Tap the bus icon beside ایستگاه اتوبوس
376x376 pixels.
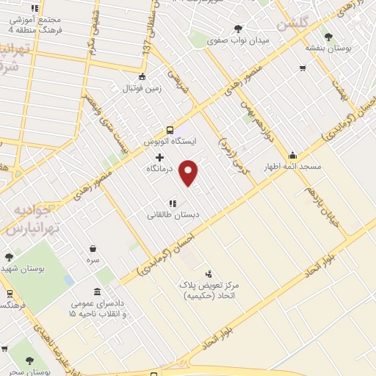coord(170,128)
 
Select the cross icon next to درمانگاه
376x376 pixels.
coord(159,157)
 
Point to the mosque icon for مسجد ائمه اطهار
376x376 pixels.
coord(292,155)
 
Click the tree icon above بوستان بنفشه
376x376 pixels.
coord(328,36)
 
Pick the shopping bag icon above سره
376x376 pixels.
coord(93,249)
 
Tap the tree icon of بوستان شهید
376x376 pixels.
coord(9,257)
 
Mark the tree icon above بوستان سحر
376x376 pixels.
coord(29,361)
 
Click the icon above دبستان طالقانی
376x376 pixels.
coord(173,203)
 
